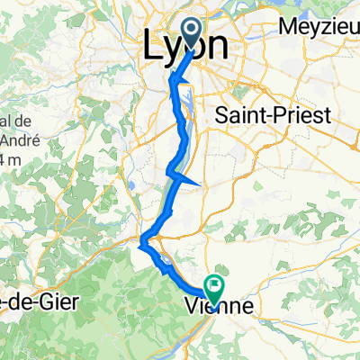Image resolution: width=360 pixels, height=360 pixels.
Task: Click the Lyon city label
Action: (185, 47)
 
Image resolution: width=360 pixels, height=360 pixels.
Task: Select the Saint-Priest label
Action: (273, 114)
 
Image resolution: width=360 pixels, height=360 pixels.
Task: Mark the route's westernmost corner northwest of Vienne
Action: (141, 238)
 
